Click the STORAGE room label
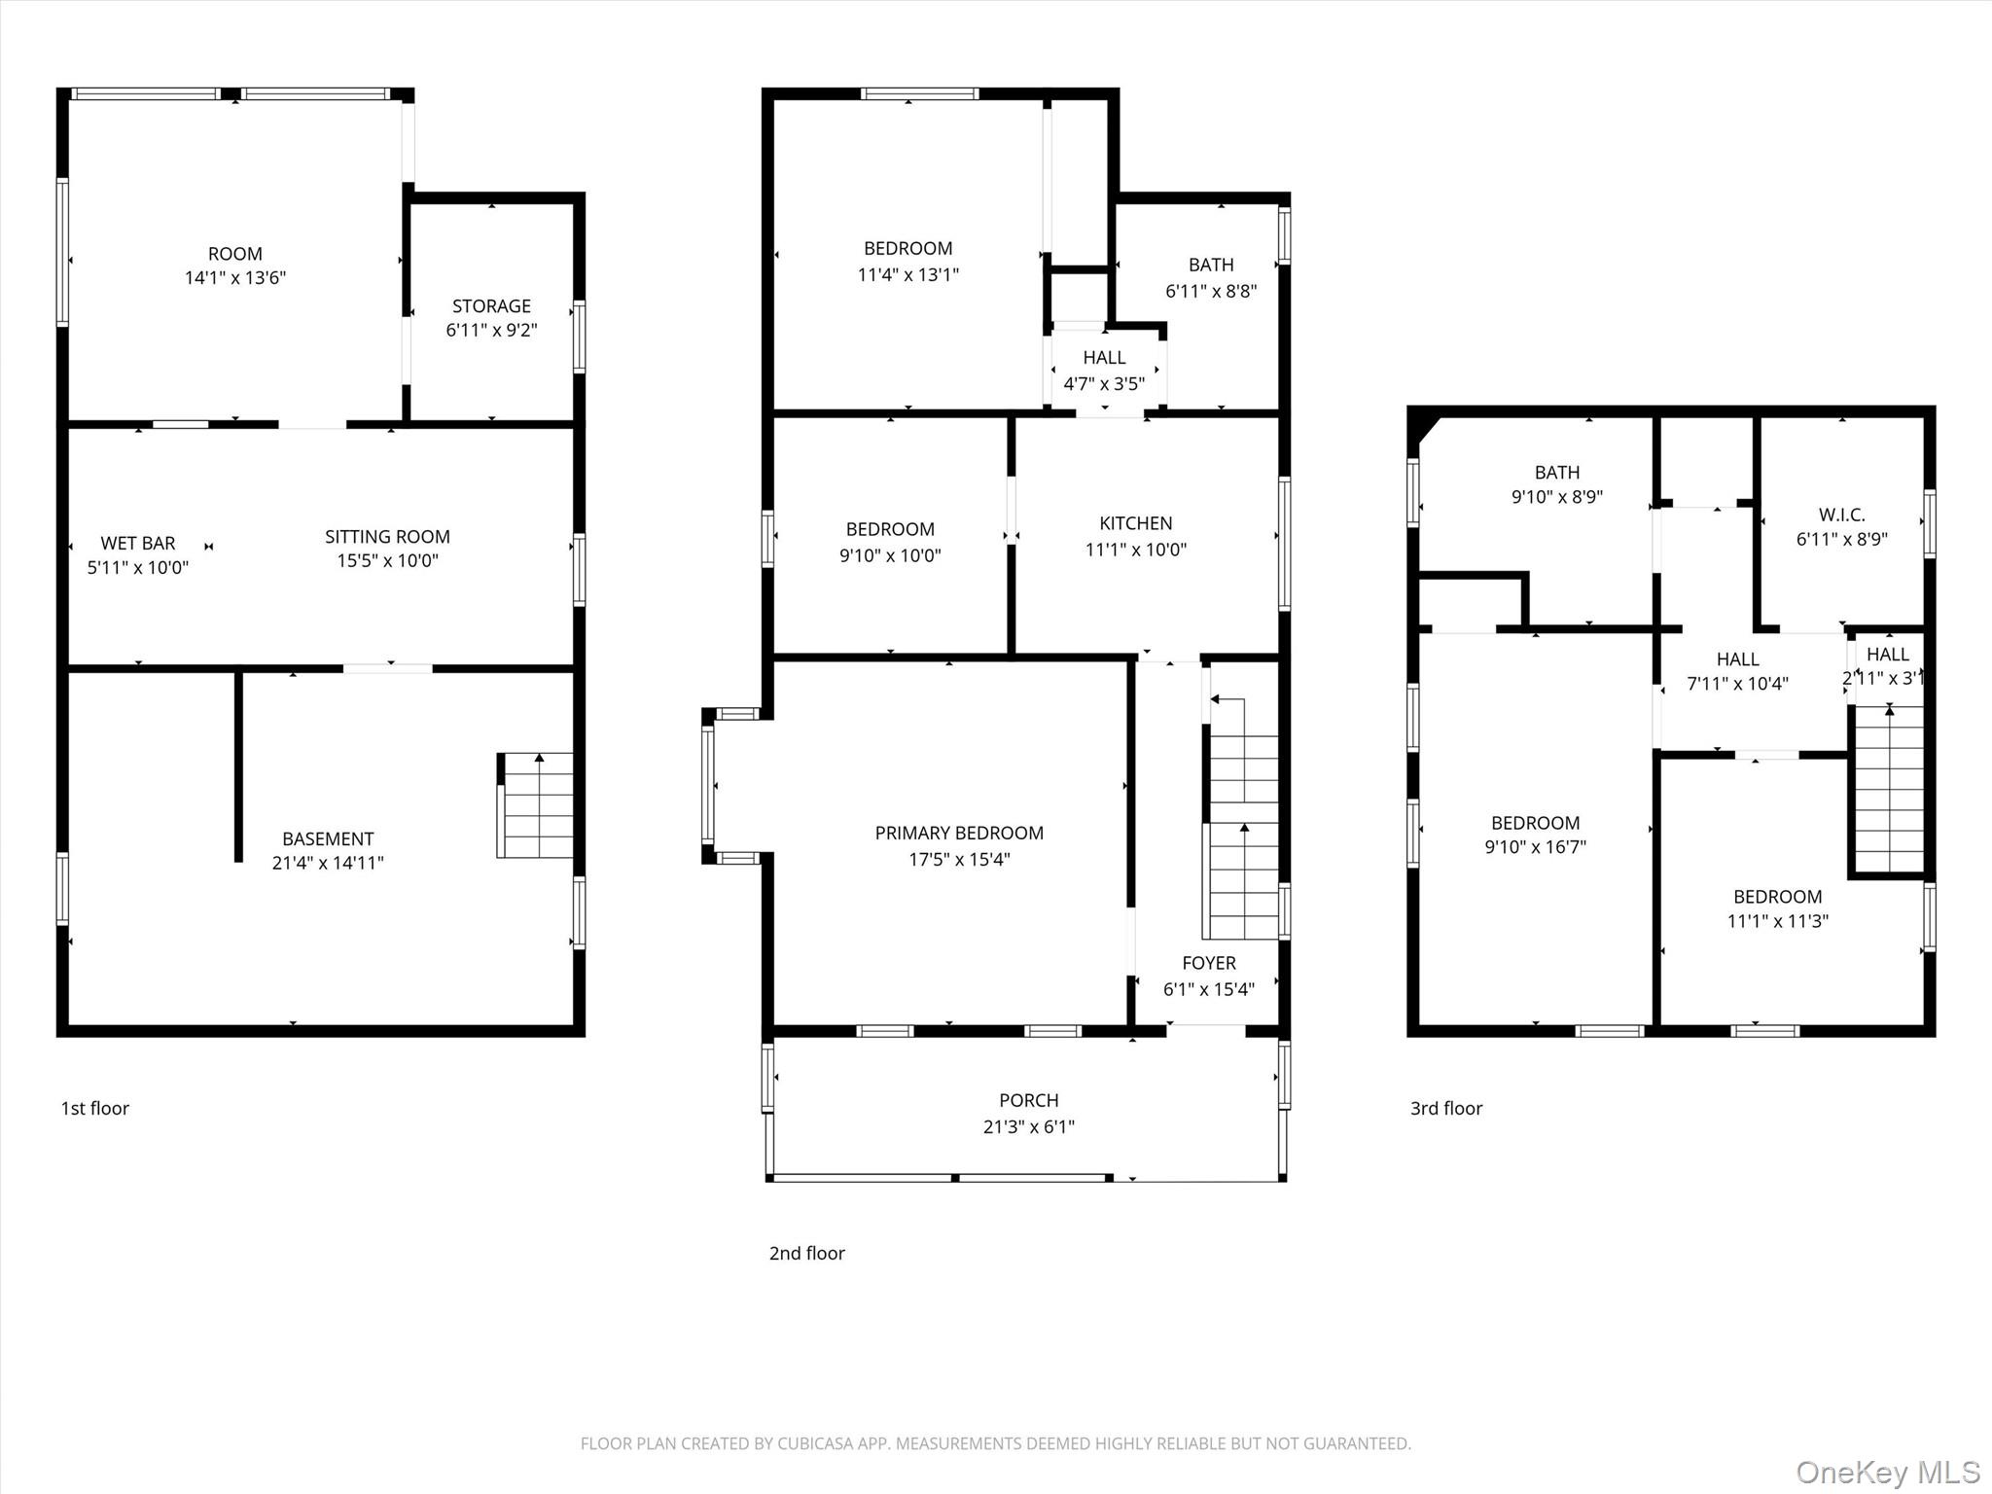click(491, 306)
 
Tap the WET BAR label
click(138, 544)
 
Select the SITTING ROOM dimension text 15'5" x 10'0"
click(387, 561)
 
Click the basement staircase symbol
click(535, 805)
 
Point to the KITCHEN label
click(1135, 523)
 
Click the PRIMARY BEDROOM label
click(959, 834)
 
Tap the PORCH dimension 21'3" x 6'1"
click(1028, 1127)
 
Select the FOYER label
click(1209, 963)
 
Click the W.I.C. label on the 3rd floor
click(1842, 516)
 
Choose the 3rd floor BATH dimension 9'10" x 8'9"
click(1556, 497)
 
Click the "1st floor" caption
click(95, 1109)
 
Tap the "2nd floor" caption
click(807, 1254)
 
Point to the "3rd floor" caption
click(1446, 1109)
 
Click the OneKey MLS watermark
click(1888, 1472)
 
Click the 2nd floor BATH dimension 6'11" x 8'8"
click(1211, 291)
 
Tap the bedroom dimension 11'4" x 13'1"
click(907, 275)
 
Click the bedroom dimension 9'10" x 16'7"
click(1535, 847)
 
